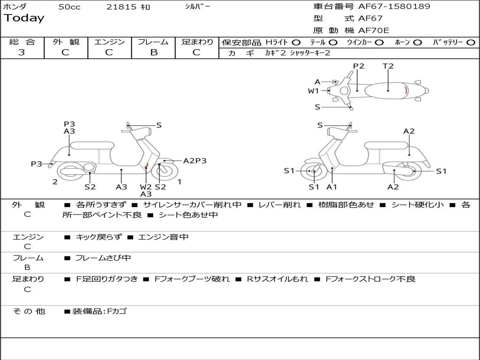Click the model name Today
24,18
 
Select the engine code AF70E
374,30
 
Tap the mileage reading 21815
121,7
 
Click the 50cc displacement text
69,7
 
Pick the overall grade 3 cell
22,52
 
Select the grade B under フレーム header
153,52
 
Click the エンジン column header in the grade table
109,42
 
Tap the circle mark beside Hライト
296,42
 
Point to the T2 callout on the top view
388,66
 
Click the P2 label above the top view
359,66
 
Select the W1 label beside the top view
313,91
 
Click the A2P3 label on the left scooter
195,161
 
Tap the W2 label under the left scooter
146,187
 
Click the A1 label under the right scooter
332,187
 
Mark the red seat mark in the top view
406,90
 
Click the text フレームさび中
103,258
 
